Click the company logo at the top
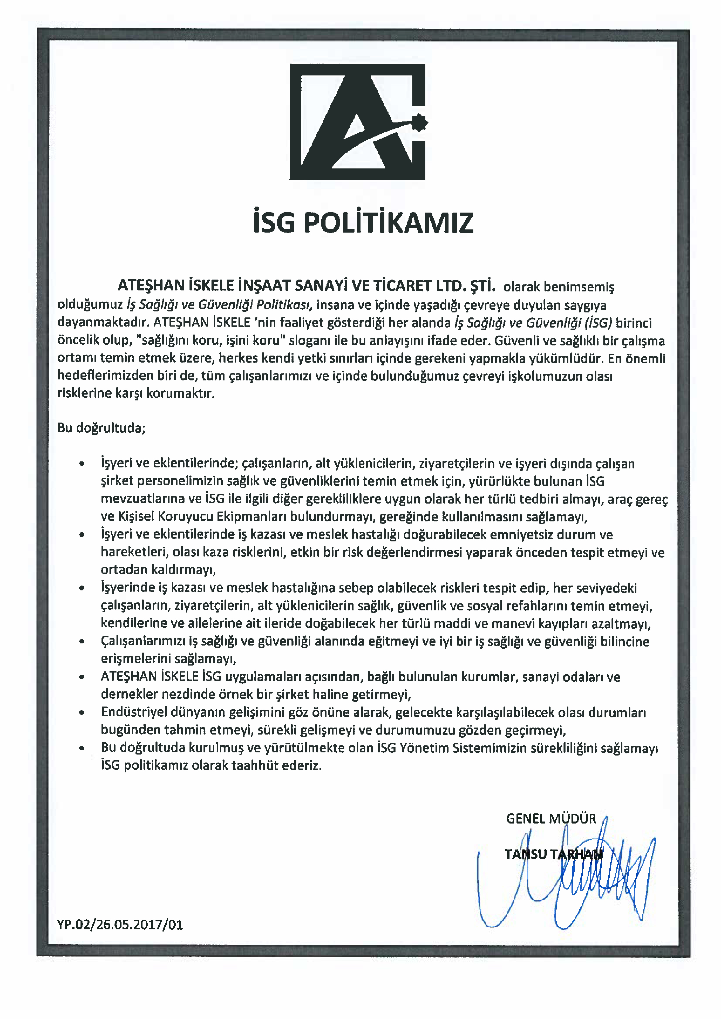pos(357,122)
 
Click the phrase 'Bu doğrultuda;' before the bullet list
pos(101,428)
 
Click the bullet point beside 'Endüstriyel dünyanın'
pos(82,713)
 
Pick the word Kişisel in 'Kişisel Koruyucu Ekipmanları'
pos(135,517)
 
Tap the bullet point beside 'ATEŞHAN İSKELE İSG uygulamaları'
pos(82,677)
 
